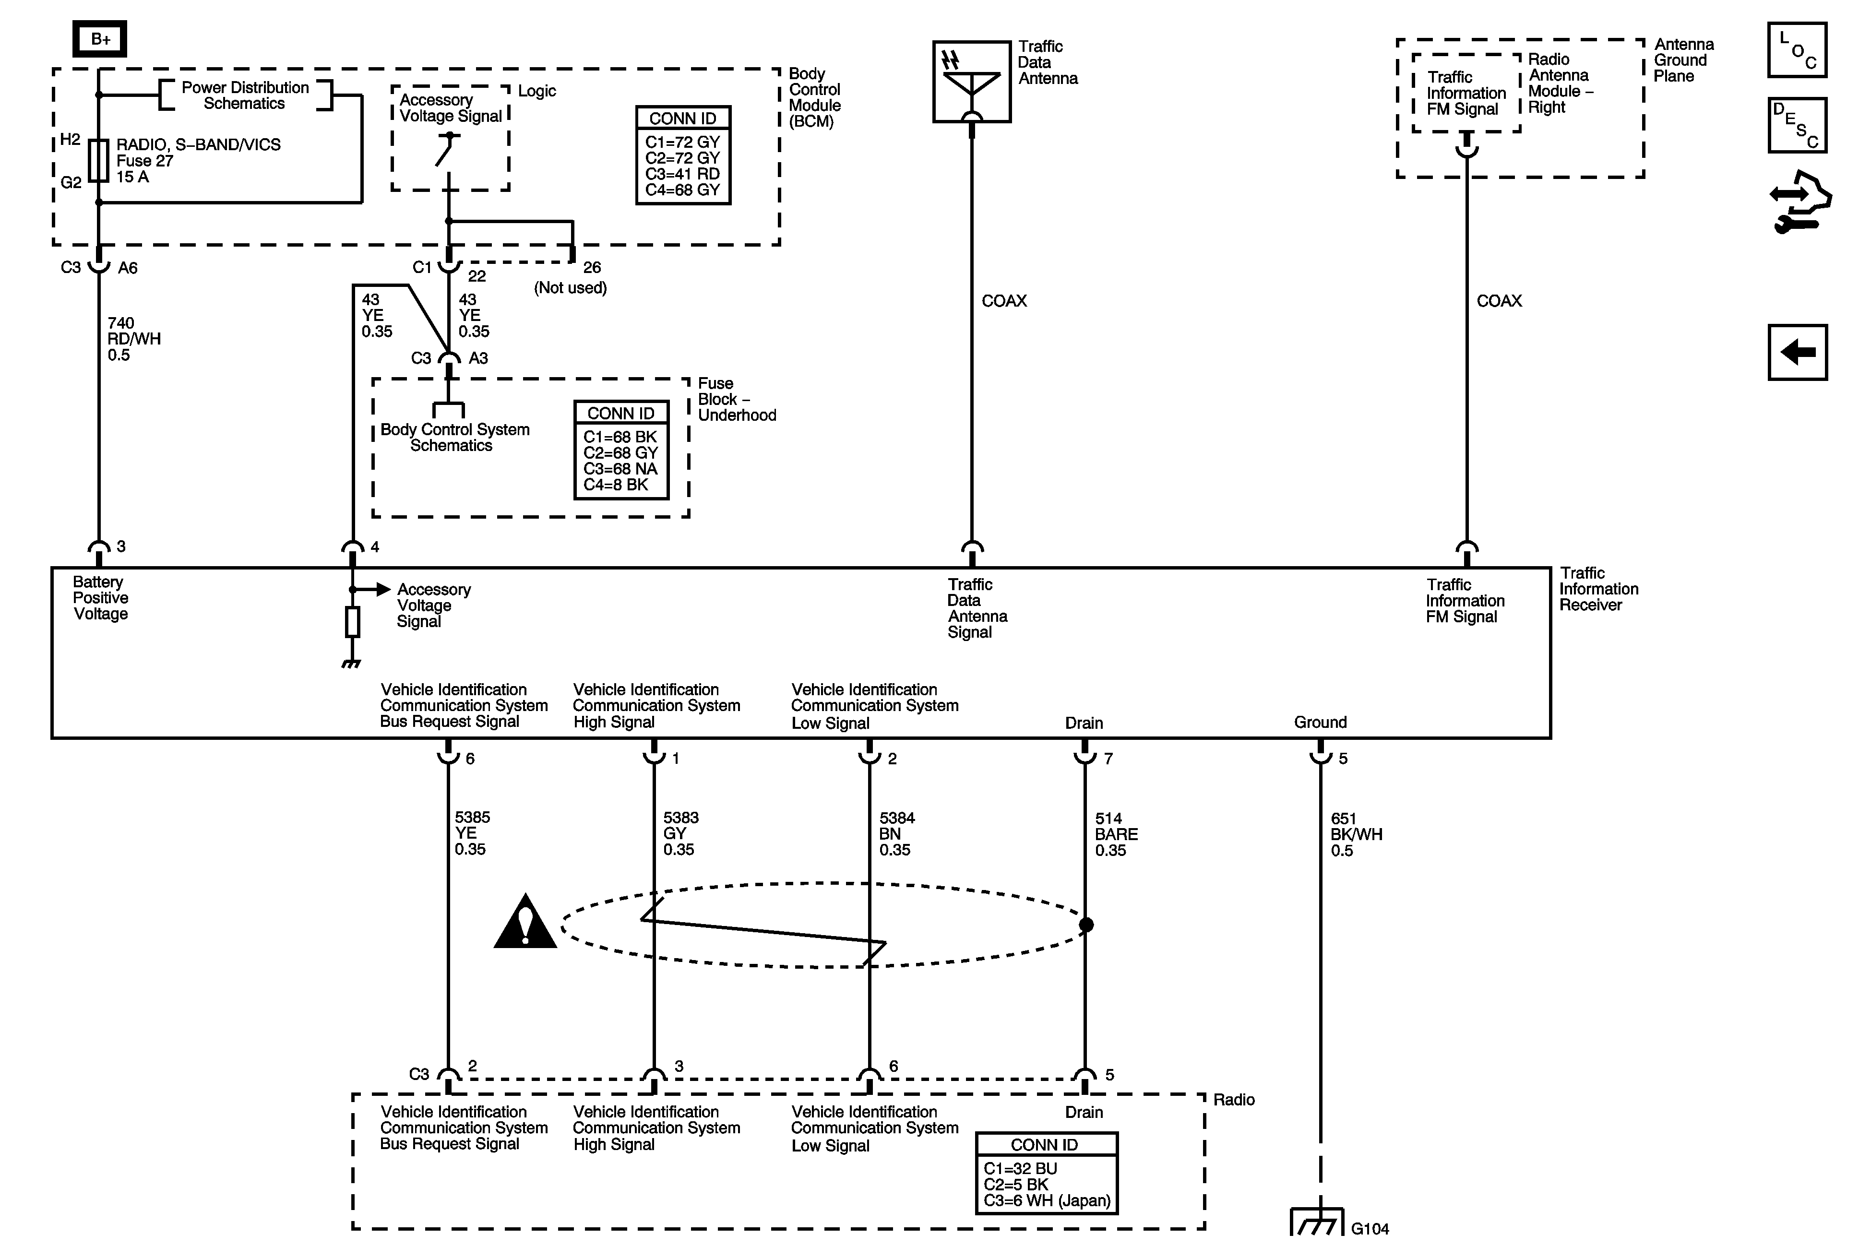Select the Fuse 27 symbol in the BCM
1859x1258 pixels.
pyautogui.click(x=98, y=161)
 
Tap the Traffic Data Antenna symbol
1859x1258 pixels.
pyautogui.click(x=972, y=82)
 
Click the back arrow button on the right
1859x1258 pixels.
pyautogui.click(x=1798, y=352)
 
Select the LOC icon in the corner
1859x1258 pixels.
pyautogui.click(x=1797, y=50)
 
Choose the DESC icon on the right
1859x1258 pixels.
pyautogui.click(x=1797, y=125)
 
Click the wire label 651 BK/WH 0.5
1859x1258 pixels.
pyautogui.click(x=1356, y=834)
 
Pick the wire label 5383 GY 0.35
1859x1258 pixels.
pyautogui.click(x=681, y=833)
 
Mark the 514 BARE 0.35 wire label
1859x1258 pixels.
pyautogui.click(x=1116, y=834)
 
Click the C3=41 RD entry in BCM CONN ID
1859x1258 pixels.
pyautogui.click(x=682, y=174)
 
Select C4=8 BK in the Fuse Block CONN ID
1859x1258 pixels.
pyautogui.click(x=616, y=485)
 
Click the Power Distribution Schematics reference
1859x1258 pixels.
pyautogui.click(x=245, y=95)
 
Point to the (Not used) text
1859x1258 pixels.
pyautogui.click(x=571, y=288)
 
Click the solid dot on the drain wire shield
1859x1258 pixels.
pyautogui.click(x=1086, y=925)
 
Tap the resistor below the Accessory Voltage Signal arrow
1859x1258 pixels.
pyautogui.click(x=352, y=621)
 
